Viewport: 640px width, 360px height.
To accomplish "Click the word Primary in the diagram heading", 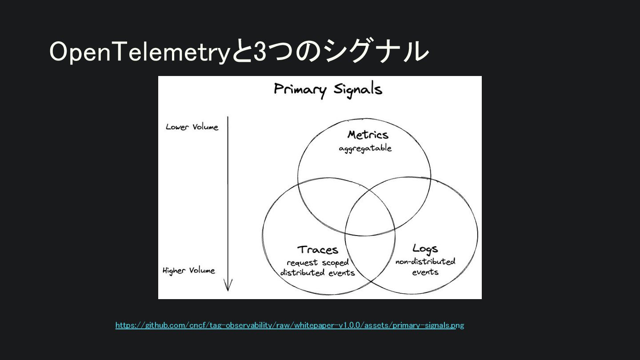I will coord(300,89).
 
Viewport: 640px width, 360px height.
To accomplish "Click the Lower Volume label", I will coord(192,127).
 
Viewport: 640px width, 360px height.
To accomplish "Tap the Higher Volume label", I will coord(189,271).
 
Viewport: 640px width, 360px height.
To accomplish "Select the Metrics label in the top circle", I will coord(368,135).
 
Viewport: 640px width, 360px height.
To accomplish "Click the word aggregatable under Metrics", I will coord(365,148).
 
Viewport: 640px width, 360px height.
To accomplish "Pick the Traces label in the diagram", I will coord(318,249).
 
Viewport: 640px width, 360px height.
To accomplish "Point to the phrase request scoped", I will coord(318,262).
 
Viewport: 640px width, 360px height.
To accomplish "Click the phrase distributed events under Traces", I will coord(317,272).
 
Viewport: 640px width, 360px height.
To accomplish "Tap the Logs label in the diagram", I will coord(425,248).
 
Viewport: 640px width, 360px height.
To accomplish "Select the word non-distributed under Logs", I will coord(425,261).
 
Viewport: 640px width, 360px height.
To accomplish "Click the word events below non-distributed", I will coord(425,272).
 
